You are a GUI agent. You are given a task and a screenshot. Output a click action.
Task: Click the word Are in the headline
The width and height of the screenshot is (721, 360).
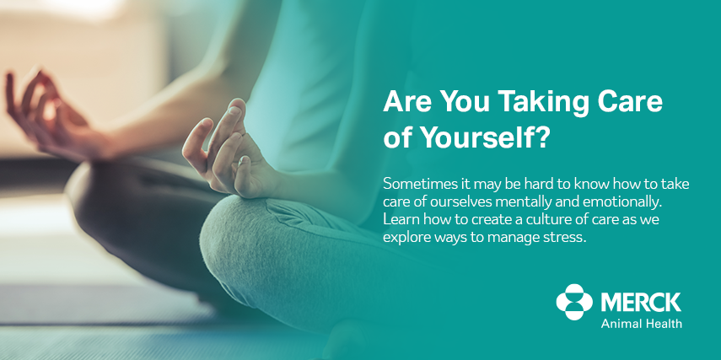coord(406,101)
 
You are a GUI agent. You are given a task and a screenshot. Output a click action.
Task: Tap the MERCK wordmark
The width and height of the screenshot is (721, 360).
coord(641,303)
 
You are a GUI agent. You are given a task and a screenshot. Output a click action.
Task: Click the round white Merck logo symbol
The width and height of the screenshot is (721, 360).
coord(574,302)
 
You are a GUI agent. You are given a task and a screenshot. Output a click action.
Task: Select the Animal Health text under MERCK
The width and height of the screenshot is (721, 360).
coord(642,323)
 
